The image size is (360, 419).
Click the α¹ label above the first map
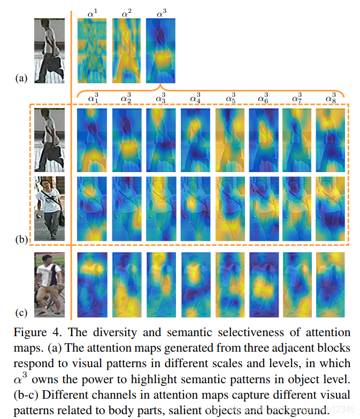93,12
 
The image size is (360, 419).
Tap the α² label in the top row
127,12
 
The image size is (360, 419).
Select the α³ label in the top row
160,12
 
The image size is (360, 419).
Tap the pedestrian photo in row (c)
49,285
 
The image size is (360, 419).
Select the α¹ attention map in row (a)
92,51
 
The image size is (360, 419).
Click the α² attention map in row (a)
126,51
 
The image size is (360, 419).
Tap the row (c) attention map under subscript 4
195,285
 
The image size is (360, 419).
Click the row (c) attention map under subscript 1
92,285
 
